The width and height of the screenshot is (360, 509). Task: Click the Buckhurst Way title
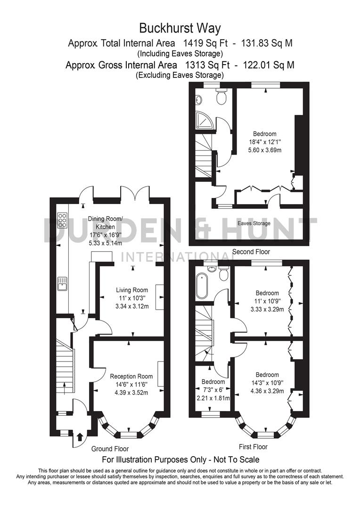(x=180, y=28)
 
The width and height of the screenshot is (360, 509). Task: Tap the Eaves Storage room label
(x=254, y=223)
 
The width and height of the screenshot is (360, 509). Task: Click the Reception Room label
(x=131, y=376)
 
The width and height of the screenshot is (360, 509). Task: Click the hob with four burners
(x=62, y=221)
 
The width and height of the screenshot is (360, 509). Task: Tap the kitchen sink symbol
(x=62, y=283)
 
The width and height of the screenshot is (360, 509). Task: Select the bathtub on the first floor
(x=201, y=286)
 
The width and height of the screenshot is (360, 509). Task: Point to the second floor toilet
(x=221, y=97)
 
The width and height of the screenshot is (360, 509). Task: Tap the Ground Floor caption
(x=110, y=449)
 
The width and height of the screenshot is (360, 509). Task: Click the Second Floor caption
(x=251, y=252)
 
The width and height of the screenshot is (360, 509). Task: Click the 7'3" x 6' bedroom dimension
(x=213, y=390)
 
